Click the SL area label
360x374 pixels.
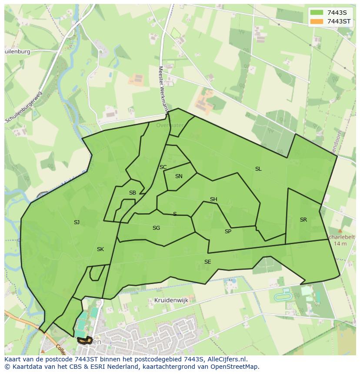(258, 169)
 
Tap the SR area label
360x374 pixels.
(303, 220)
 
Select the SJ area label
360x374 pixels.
(77, 222)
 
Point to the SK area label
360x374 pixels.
(100, 249)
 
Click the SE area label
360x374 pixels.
(207, 262)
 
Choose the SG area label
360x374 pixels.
(156, 228)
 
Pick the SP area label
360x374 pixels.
(228, 232)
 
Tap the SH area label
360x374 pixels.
(213, 199)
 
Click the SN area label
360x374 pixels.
(179, 176)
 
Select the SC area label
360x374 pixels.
(163, 167)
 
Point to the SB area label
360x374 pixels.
(133, 193)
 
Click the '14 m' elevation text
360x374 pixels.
(340, 244)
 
